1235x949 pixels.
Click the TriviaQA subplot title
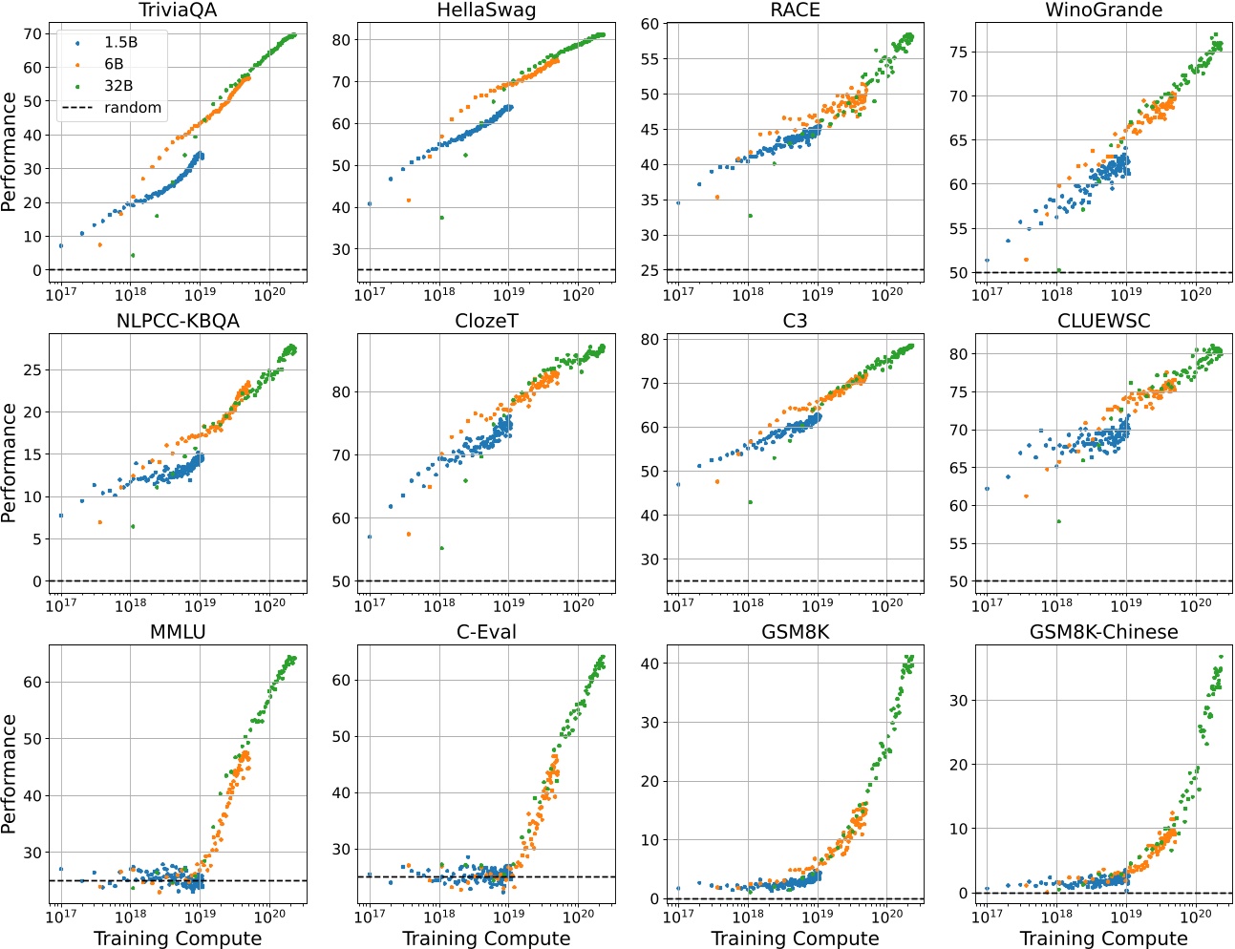pos(178,11)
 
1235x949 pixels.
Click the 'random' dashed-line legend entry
pos(112,108)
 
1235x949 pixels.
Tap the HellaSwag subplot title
pos(486,11)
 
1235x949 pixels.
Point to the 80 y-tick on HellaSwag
pos(342,40)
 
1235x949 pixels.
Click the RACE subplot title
pos(795,11)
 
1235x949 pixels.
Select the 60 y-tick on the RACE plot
pos(650,24)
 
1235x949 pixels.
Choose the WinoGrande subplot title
pos(1103,11)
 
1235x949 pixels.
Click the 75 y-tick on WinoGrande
pos(959,53)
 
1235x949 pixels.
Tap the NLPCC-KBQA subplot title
pos(178,321)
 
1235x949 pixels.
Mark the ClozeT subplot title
pos(486,321)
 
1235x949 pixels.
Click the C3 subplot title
pos(795,321)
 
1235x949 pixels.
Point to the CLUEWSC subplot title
pos(1103,321)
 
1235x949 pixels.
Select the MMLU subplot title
pos(178,632)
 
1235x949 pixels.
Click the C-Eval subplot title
pos(486,632)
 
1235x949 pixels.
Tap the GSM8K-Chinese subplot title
pos(1103,632)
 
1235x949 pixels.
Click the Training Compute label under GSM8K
pos(795,938)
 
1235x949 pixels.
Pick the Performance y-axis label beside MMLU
pos(10,773)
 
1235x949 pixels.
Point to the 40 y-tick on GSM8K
pos(650,664)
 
